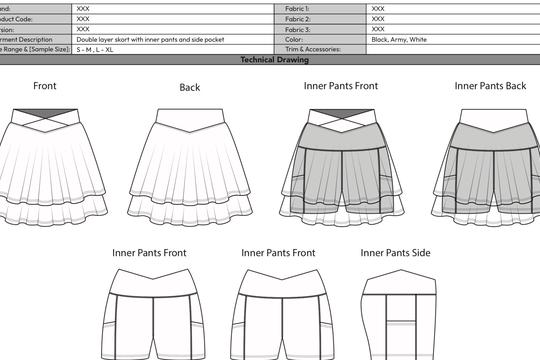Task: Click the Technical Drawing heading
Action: [x=269, y=60]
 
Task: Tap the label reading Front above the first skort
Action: [x=44, y=86]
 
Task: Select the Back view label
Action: [x=190, y=87]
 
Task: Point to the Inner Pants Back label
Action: [x=490, y=86]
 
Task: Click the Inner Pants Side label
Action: [x=395, y=253]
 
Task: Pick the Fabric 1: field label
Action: [x=298, y=7]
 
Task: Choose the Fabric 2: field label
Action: [x=298, y=18]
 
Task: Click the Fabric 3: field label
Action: [x=298, y=29]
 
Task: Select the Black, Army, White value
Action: [x=399, y=39]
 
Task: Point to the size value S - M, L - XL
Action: [x=96, y=49]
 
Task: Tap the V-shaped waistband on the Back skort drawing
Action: [x=189, y=114]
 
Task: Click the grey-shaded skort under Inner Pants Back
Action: [x=490, y=165]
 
